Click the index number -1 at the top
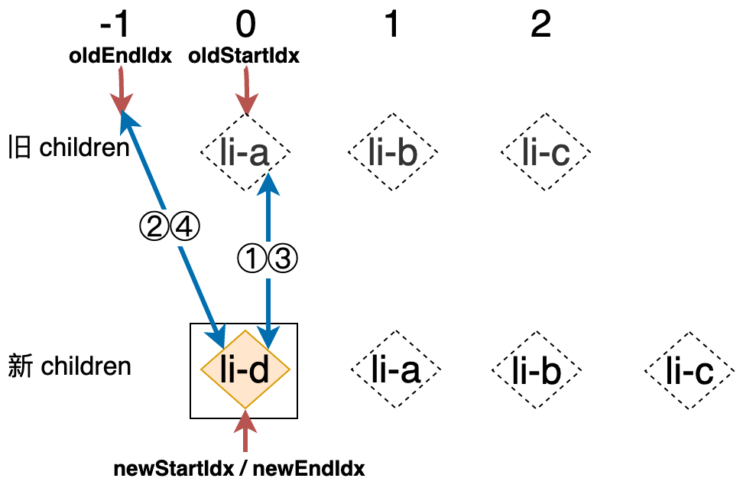point(116,26)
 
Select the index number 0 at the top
point(245,26)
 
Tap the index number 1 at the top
point(391,26)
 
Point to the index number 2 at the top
point(540,26)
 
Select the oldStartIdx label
point(244,55)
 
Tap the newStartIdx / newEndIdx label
point(238,468)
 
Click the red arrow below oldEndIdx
point(120,89)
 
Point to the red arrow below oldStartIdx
point(245,89)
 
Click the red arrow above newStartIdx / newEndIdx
point(245,432)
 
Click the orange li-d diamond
point(245,370)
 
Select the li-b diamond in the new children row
point(537,371)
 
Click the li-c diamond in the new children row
point(689,371)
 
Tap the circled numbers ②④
point(169,226)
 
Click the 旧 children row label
point(69,147)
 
